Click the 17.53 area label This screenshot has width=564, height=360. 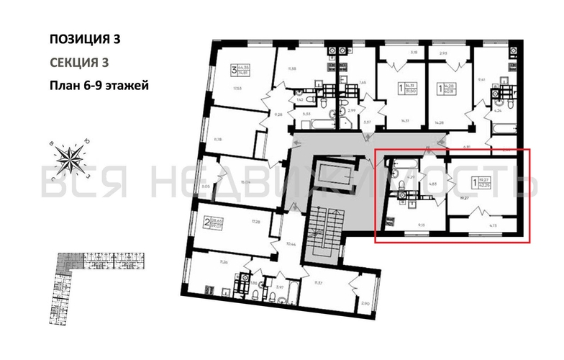click(237, 89)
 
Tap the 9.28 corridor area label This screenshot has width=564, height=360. click(276, 114)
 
